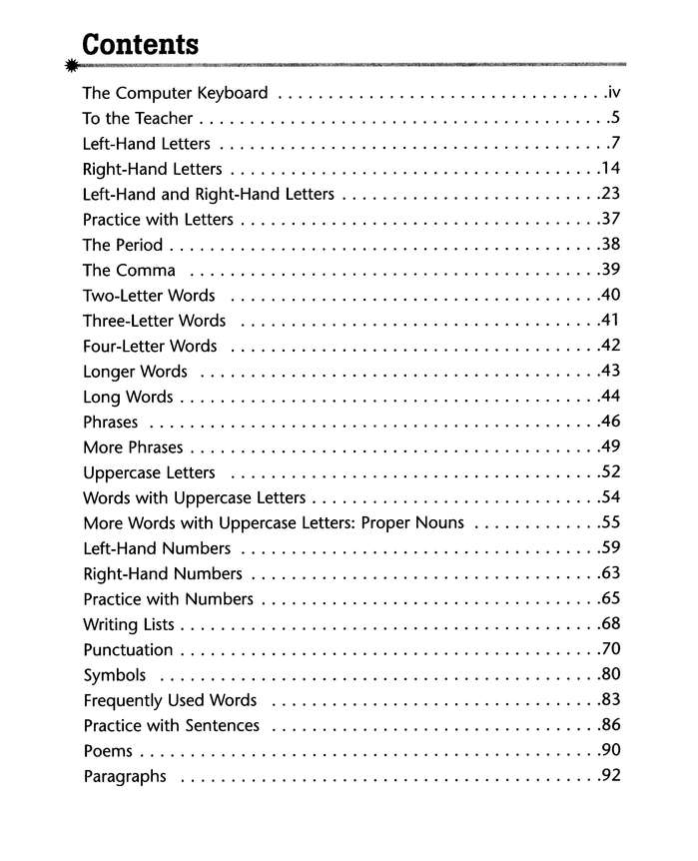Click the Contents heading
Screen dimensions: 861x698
click(140, 45)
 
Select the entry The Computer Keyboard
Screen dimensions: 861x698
click(175, 93)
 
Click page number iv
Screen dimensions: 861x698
click(613, 93)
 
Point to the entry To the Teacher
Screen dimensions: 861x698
click(137, 118)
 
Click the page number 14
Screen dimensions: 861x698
click(610, 168)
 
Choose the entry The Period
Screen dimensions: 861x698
click(122, 245)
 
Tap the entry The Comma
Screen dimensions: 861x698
click(129, 270)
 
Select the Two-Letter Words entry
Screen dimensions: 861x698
click(149, 295)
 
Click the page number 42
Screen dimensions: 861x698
click(610, 346)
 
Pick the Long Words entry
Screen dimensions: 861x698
click(128, 397)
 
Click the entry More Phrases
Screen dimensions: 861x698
click(133, 447)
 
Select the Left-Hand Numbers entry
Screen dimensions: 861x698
click(157, 548)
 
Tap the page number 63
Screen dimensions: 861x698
click(610, 573)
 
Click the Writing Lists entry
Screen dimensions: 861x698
click(129, 624)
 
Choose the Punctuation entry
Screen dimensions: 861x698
click(128, 649)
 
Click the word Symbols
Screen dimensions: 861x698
click(115, 675)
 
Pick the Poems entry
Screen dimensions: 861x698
click(108, 751)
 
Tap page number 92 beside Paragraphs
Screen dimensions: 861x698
click(610, 776)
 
